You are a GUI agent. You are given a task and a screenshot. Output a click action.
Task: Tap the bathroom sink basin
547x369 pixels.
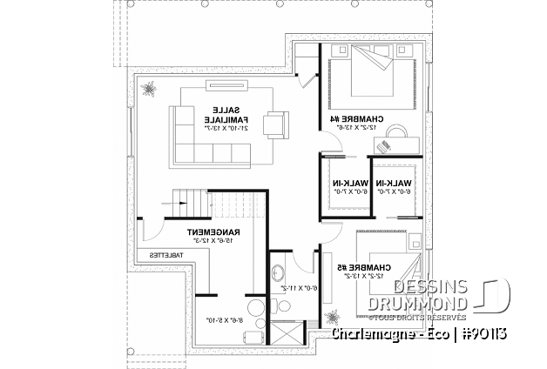[x=278, y=273]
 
